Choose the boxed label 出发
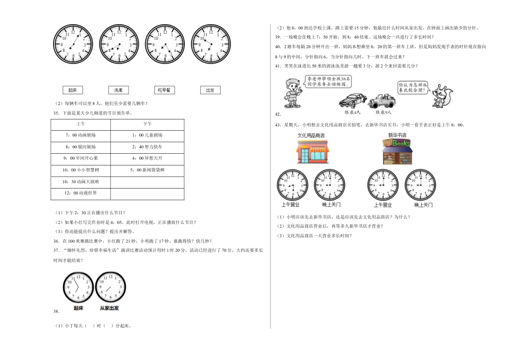pos(210,91)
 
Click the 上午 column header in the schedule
pos(81,123)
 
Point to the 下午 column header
pos(146,123)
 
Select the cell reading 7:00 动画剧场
pos(81,135)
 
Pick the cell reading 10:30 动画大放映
pos(81,182)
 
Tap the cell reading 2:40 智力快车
pos(146,146)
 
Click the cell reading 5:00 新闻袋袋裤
pos(146,170)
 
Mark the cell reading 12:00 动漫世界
pos(81,193)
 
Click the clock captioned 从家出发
pos(110,288)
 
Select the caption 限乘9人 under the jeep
pos(384,112)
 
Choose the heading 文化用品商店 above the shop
pos(311,136)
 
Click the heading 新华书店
pos(396,136)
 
